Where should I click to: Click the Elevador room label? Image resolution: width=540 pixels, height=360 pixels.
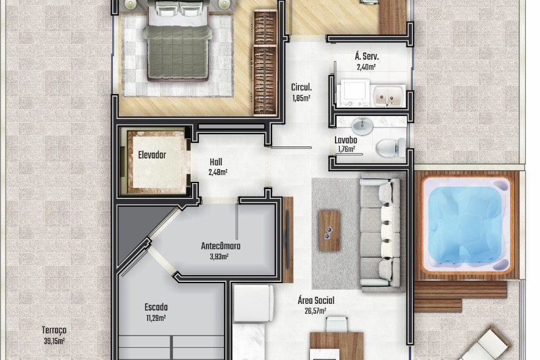click(152, 155)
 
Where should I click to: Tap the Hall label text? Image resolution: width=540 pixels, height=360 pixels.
click(216, 162)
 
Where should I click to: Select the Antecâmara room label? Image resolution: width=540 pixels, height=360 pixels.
click(221, 246)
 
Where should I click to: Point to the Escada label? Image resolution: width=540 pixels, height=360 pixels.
click(156, 307)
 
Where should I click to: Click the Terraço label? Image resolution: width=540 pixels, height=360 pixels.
click(54, 330)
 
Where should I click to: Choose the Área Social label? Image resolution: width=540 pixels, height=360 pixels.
click(316, 300)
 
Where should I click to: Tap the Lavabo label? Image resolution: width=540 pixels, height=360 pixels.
click(346, 140)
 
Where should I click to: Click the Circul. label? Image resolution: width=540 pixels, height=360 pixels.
click(301, 87)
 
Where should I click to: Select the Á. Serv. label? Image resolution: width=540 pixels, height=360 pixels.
click(367, 56)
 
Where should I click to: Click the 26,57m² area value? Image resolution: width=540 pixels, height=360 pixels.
click(315, 311)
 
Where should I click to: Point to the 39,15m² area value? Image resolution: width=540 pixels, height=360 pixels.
click(54, 341)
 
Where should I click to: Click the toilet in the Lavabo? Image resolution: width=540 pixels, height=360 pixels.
click(391, 148)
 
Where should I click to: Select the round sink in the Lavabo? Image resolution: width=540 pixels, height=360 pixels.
click(362, 126)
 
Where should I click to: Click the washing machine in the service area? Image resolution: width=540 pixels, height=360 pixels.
click(355, 93)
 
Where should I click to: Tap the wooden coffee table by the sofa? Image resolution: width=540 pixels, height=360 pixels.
click(329, 231)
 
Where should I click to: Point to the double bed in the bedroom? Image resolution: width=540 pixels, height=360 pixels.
click(178, 41)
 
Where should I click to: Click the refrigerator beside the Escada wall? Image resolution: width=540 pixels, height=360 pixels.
click(253, 303)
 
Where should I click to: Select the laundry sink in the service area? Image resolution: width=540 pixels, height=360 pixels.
click(389, 96)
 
